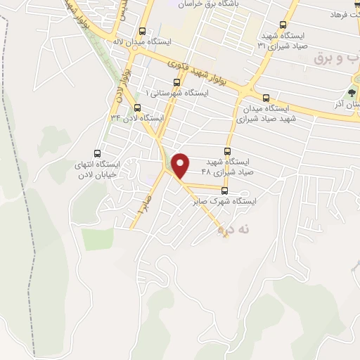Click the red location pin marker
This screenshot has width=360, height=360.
tap(181, 165)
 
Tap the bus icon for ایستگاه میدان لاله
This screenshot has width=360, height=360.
tap(143, 32)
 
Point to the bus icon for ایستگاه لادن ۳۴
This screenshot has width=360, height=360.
tap(137, 108)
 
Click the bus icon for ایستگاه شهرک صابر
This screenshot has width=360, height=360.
tap(225, 190)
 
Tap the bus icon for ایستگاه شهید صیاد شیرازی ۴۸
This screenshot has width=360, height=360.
tap(227, 151)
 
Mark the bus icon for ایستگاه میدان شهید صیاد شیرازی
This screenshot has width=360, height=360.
tap(265, 98)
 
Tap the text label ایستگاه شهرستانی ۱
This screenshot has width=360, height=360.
tap(176, 94)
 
